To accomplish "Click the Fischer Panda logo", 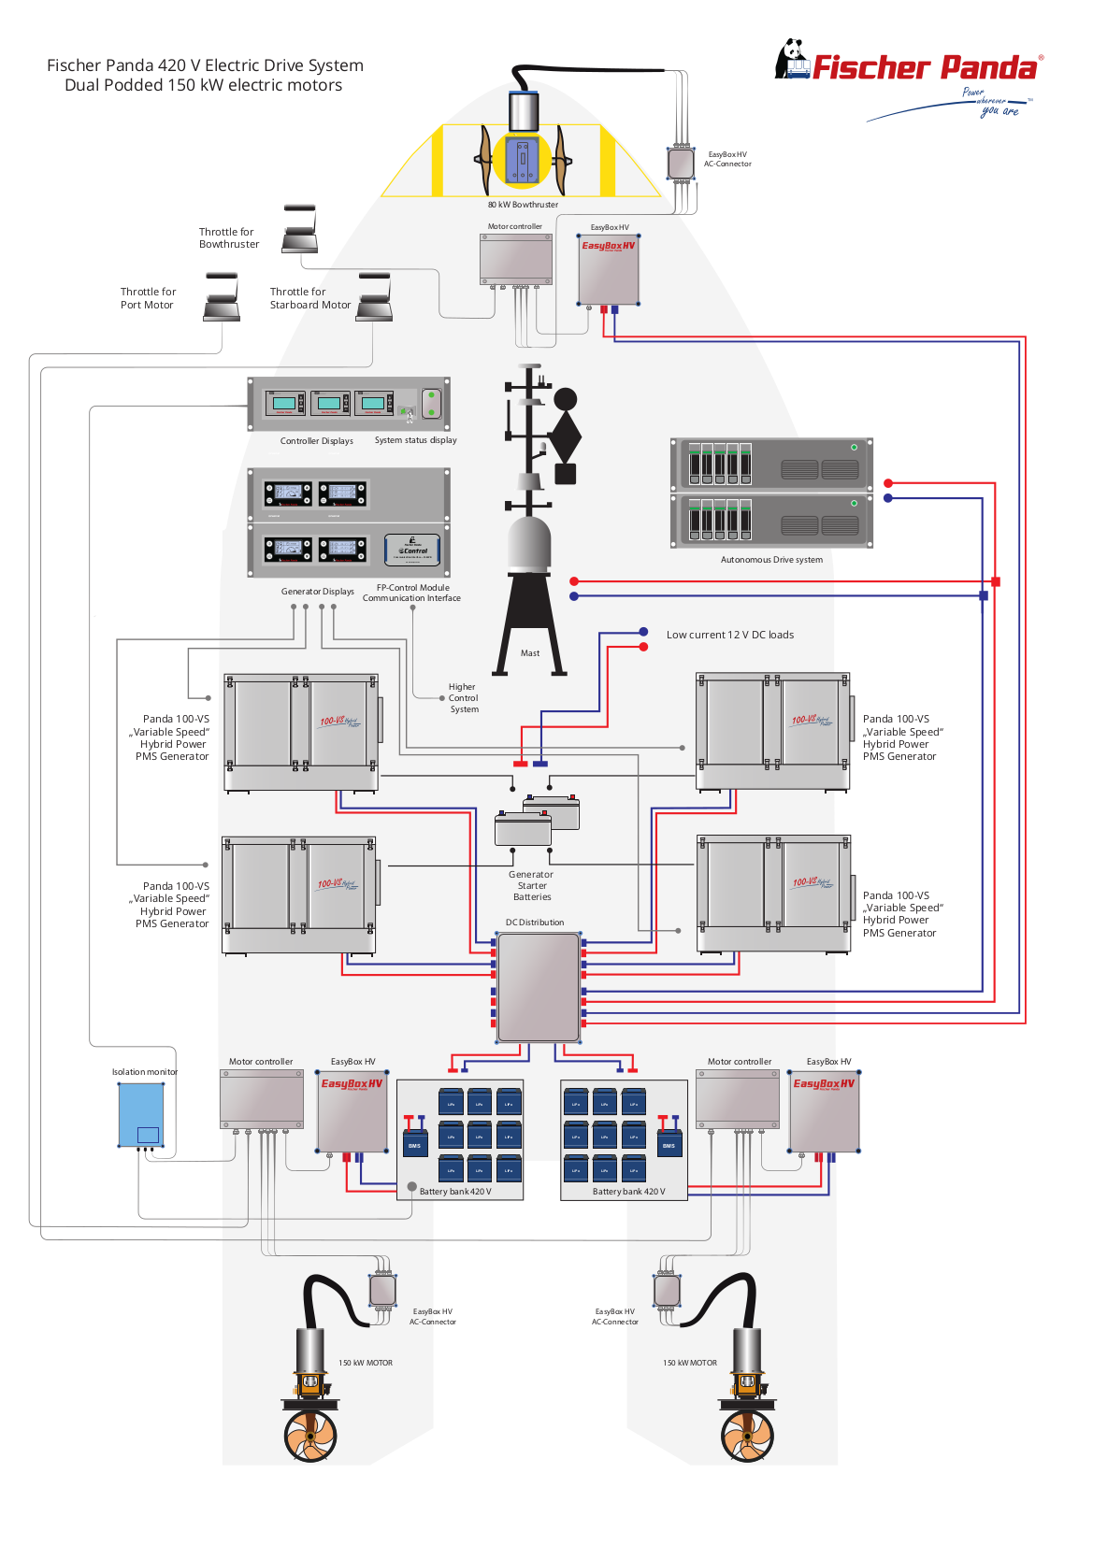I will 907,65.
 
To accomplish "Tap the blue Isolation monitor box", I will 141,1114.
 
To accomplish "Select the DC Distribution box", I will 539,987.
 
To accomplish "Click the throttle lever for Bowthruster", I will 300,230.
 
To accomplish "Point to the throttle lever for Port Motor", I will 222,298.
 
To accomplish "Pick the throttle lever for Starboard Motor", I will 374,298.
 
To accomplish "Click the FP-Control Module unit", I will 412,550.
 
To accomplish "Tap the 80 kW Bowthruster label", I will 523,205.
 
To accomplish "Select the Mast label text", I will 530,653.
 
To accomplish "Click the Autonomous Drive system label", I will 771,560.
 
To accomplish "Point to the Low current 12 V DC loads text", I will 729,635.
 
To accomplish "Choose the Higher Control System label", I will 463,698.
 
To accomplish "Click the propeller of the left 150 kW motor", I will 310,1436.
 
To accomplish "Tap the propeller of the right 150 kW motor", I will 747,1436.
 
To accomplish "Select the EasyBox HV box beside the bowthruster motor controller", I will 609,270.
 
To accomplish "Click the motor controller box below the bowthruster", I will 516,259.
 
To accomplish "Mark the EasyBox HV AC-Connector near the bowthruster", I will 681,163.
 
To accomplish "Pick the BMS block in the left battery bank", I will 414,1144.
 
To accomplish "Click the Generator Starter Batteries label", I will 531,886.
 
